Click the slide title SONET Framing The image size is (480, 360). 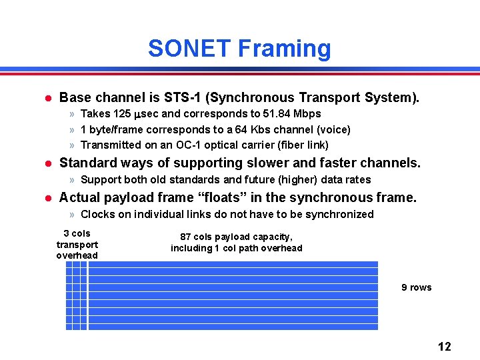tap(239, 49)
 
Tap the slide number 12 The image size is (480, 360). tap(444, 346)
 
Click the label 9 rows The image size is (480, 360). tap(416, 287)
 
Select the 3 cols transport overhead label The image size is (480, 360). tap(77, 244)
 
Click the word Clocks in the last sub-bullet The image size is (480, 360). tap(97, 214)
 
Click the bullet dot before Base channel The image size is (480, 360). tap(47, 98)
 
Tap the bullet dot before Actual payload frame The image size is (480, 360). tap(47, 198)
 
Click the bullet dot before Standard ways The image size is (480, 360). tap(47, 163)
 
